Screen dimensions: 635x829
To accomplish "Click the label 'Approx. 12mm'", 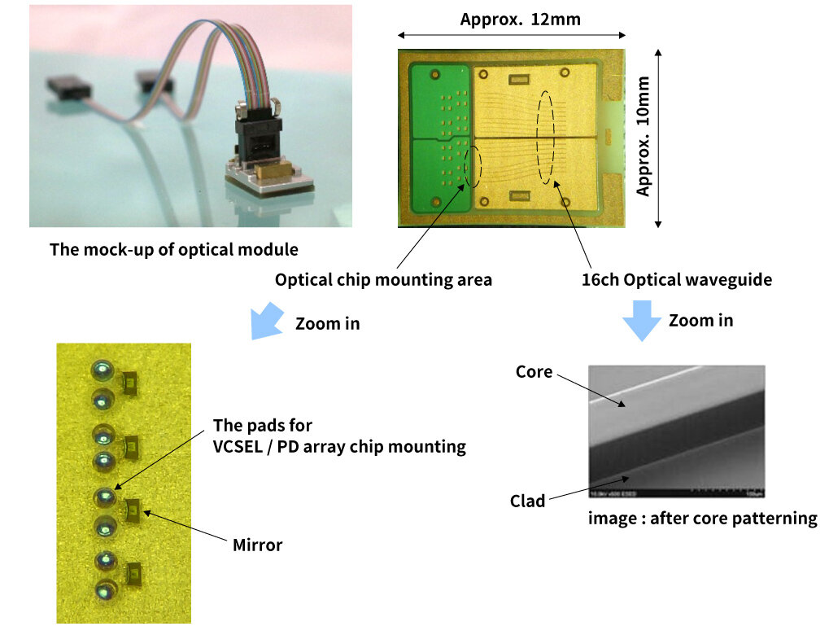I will (520, 19).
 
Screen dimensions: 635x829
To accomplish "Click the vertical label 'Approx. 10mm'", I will (644, 136).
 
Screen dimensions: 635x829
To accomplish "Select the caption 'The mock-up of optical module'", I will (174, 249).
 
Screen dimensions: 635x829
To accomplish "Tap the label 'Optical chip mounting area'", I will (383, 280).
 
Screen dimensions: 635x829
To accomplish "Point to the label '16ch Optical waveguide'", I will (676, 280).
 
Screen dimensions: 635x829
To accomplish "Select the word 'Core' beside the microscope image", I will (534, 372).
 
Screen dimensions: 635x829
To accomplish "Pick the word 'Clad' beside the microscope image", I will (527, 501).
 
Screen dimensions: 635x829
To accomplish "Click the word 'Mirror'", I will (257, 545).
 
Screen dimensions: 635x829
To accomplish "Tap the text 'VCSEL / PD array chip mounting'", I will (339, 446).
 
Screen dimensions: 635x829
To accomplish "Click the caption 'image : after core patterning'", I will (702, 518).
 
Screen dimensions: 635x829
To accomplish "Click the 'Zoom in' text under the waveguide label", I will (700, 320).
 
